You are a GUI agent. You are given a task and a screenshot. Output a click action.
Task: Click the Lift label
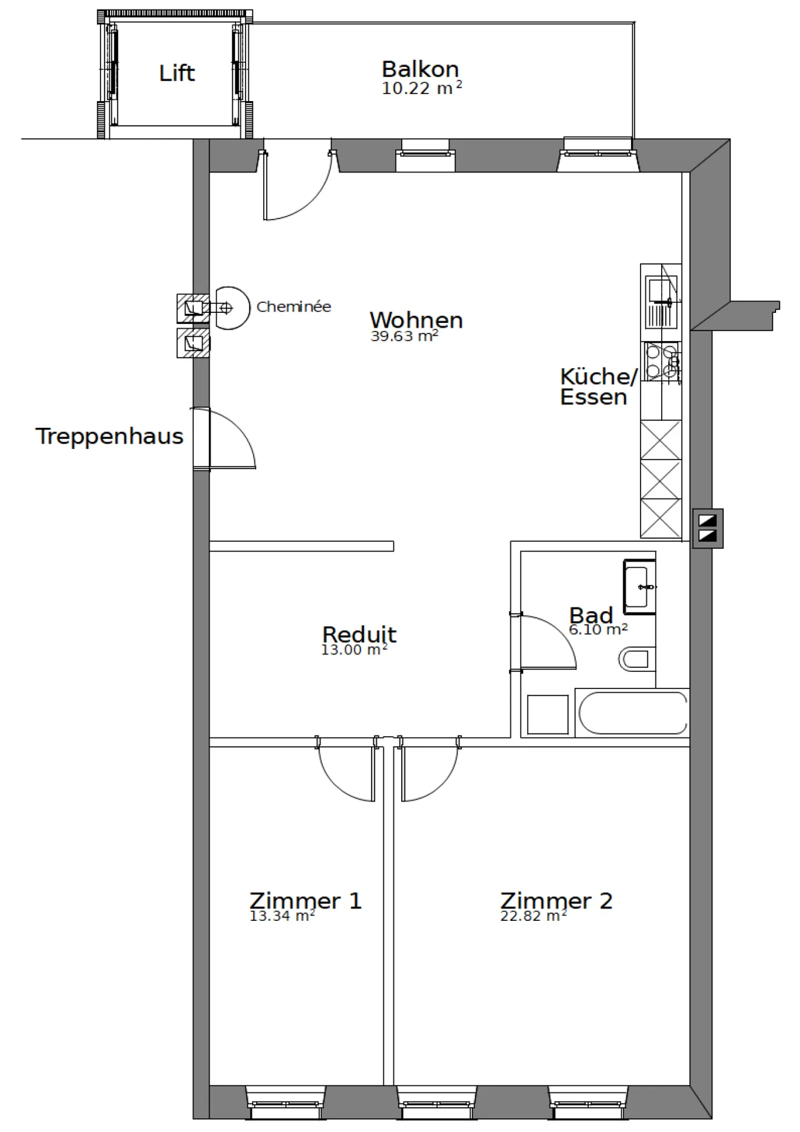coord(177,73)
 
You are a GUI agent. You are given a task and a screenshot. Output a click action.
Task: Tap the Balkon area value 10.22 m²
coord(421,88)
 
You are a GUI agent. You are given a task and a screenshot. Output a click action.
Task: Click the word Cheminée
coord(293,307)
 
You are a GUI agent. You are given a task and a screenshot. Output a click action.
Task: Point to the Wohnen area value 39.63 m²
coord(404,336)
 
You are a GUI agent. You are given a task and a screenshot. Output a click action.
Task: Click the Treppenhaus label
coord(109,436)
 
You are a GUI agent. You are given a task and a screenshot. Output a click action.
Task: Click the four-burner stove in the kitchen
coord(661,362)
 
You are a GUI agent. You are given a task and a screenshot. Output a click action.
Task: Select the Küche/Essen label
coord(597,387)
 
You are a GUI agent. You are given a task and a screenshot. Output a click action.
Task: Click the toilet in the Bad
coord(636,659)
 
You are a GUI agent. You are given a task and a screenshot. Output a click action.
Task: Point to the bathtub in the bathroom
coord(633,713)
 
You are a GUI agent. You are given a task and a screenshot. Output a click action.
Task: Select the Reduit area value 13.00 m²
coord(354,650)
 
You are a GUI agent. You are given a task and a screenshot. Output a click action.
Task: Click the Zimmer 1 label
coord(305,901)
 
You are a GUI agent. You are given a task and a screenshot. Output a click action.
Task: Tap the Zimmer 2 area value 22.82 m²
coord(533,916)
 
